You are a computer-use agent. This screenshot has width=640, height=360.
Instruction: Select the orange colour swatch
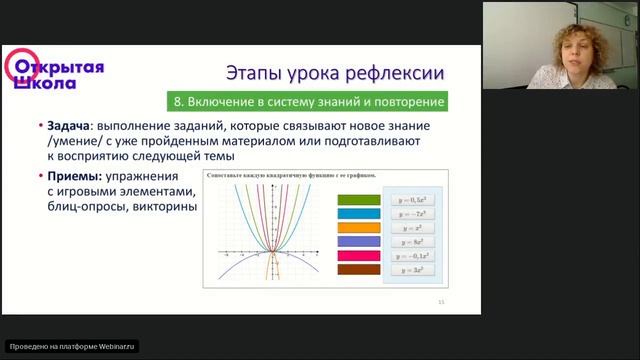pos(359,227)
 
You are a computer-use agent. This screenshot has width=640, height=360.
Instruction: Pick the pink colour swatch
pos(359,255)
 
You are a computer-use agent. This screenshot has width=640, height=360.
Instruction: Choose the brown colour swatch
pos(359,269)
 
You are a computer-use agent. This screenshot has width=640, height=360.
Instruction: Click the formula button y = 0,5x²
pos(412,200)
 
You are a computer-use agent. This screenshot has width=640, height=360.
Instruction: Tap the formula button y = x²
pos(412,228)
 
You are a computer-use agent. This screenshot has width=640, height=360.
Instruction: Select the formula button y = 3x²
pos(412,270)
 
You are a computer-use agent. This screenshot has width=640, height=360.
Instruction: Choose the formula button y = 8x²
pos(412,242)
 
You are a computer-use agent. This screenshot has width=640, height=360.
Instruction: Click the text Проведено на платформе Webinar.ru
pos(71,346)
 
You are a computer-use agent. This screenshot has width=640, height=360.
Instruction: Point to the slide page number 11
pos(442,301)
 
